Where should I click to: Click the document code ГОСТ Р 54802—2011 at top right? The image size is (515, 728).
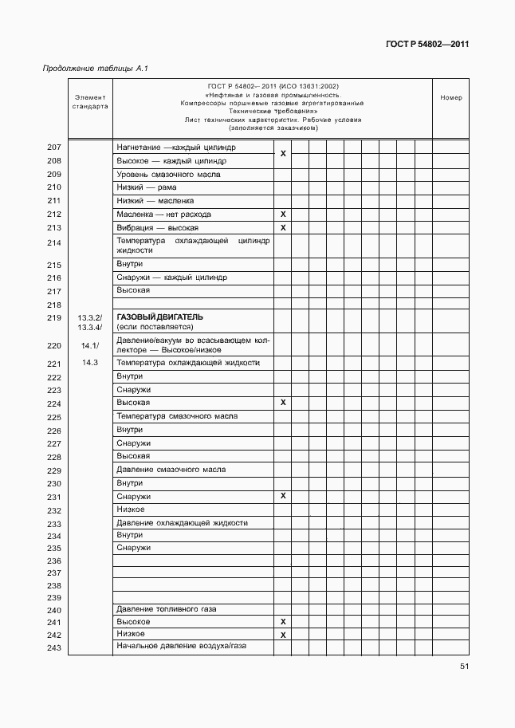click(428, 45)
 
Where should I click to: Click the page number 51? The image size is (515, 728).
click(463, 667)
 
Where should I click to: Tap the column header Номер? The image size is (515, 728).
click(450, 98)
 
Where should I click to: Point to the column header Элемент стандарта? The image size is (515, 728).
click(89, 100)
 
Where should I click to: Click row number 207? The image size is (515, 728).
click(54, 148)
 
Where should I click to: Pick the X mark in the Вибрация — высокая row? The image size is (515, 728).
click(283, 228)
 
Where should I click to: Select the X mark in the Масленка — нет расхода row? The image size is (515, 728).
click(283, 214)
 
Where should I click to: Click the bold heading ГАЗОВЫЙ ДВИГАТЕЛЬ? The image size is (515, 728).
click(160, 317)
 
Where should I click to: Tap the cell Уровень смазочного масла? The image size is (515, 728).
click(168, 174)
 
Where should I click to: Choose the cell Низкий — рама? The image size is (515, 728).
click(146, 187)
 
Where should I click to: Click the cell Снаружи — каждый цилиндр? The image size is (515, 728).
click(171, 277)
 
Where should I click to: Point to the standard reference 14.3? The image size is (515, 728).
click(89, 363)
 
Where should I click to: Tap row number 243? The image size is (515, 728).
click(54, 647)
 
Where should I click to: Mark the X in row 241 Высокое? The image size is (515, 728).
click(283, 622)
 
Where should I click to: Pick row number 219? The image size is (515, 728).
click(54, 318)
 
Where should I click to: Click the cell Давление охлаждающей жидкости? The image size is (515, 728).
click(182, 523)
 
